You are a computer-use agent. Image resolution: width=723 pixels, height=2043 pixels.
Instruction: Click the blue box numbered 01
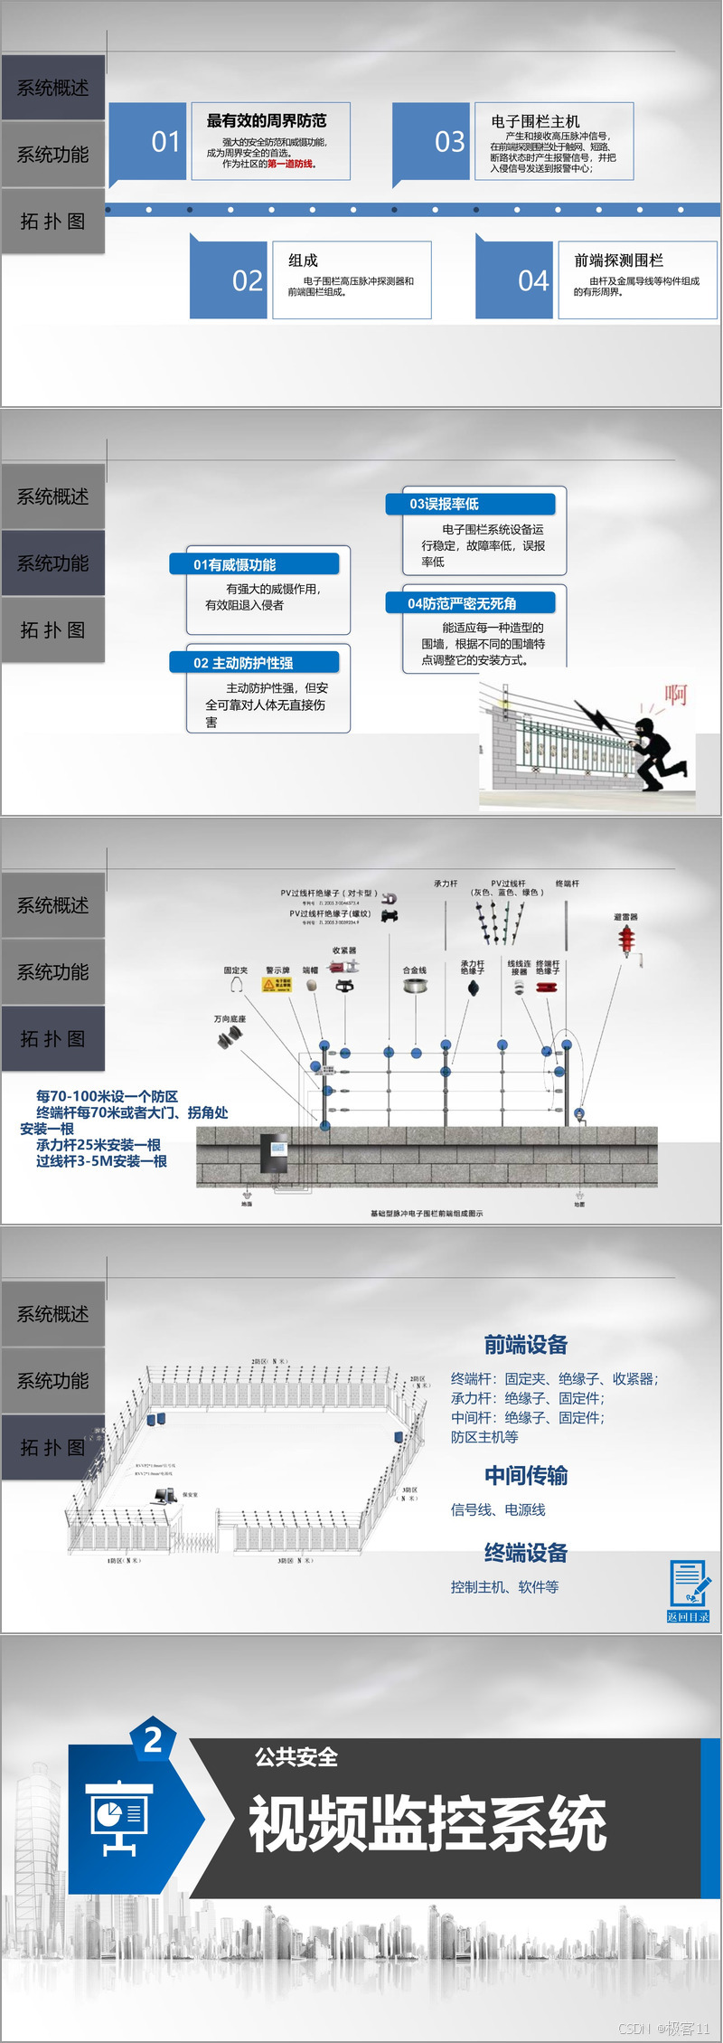pyautogui.click(x=147, y=142)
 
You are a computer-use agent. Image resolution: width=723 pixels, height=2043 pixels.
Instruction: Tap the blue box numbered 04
pyautogui.click(x=515, y=280)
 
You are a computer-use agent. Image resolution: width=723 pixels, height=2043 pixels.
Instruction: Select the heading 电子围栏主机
pyautogui.click(x=535, y=121)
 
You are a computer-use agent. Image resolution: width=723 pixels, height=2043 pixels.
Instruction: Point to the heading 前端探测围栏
pyautogui.click(x=618, y=260)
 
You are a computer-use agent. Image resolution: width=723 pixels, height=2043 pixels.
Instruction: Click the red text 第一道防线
pyautogui.click(x=290, y=164)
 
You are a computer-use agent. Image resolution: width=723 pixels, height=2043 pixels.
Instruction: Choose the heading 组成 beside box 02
pyautogui.click(x=303, y=260)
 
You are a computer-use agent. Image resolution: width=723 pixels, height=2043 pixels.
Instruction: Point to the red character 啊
pyautogui.click(x=675, y=694)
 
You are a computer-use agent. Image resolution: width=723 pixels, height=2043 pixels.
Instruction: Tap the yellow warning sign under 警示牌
pyautogui.click(x=277, y=985)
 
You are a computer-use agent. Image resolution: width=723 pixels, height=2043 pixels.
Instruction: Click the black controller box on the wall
pyautogui.click(x=275, y=1153)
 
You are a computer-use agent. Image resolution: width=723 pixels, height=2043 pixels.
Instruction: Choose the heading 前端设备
pyautogui.click(x=525, y=1345)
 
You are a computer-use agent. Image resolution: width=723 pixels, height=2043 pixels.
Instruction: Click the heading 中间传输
pyautogui.click(x=525, y=1476)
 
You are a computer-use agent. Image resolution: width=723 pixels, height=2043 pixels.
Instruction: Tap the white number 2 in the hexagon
pyautogui.click(x=154, y=1739)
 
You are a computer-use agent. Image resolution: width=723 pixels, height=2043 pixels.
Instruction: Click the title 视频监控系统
pyautogui.click(x=427, y=1823)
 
